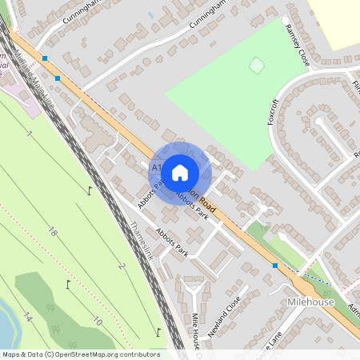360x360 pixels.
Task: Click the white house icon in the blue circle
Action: (180, 171)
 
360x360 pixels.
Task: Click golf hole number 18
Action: (52, 232)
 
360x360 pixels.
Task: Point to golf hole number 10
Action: (96, 321)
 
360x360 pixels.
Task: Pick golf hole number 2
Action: (122, 266)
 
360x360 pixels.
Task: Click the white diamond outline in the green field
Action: (256, 66)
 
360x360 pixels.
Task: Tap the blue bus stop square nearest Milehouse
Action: (275, 266)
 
